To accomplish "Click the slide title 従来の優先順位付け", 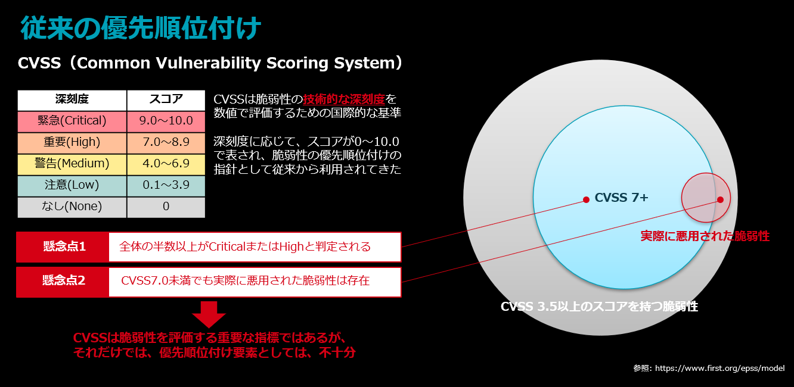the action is (x=141, y=27).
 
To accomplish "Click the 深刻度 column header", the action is (x=72, y=100).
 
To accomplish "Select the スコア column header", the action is (x=166, y=100).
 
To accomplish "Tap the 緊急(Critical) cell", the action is (x=72, y=121).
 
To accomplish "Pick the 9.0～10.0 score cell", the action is (x=166, y=121).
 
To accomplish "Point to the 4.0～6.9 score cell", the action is (x=166, y=164).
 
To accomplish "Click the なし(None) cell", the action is (x=72, y=207).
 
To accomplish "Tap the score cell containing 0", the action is (x=166, y=207).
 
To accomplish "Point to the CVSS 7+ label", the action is (x=621, y=198).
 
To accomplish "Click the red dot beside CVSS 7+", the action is (x=587, y=199).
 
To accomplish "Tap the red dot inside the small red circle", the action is (x=720, y=199).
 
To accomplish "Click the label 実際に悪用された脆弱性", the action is (x=705, y=236).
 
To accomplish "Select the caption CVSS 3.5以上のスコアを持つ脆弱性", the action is (x=599, y=306).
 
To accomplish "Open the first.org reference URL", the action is (x=719, y=368).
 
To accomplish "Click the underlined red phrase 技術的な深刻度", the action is (x=344, y=99).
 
